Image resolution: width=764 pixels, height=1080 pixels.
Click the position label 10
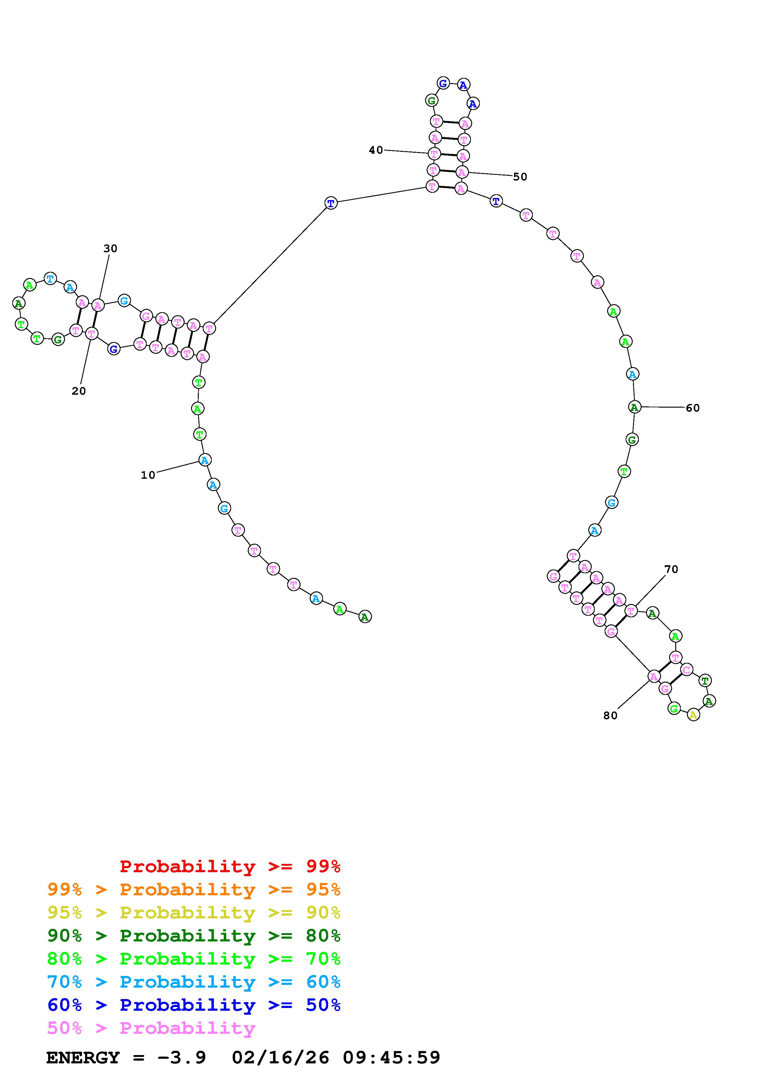[x=148, y=475]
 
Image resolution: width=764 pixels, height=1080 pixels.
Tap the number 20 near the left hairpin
[x=79, y=391]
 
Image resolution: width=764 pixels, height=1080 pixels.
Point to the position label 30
[x=110, y=248]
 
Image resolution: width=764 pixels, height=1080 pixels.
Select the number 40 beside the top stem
[x=376, y=150]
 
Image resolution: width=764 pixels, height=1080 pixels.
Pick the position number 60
[x=693, y=408]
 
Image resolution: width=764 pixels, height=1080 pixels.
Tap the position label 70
[x=671, y=569]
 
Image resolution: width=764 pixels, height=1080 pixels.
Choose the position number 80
[x=610, y=715]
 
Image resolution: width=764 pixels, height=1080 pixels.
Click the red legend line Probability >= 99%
[x=230, y=866]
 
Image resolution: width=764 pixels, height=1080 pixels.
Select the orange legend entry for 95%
[x=194, y=889]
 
